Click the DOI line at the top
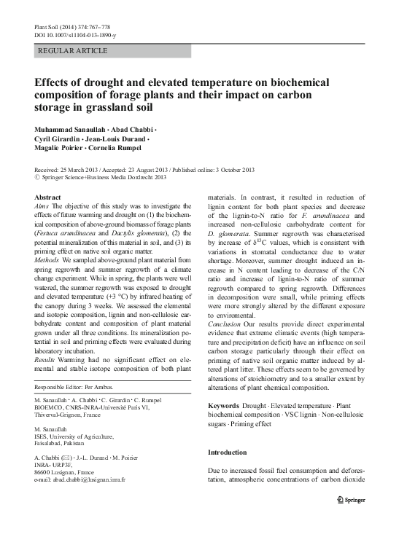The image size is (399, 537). click(75, 35)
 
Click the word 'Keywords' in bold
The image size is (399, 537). click(227, 404)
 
